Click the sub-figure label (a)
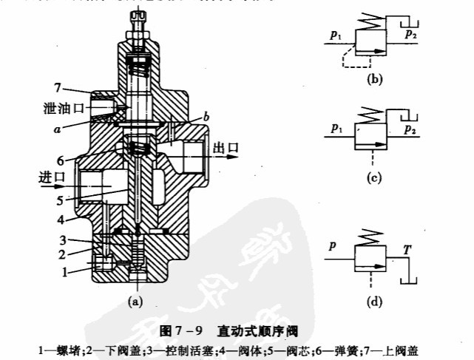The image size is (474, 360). coord(135,301)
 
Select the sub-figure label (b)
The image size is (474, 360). coord(373,76)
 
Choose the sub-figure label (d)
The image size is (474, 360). coord(376,301)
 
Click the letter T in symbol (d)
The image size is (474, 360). coord(405,251)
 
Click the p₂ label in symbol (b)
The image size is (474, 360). coord(407,34)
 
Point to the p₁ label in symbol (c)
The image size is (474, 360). coord(338,131)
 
